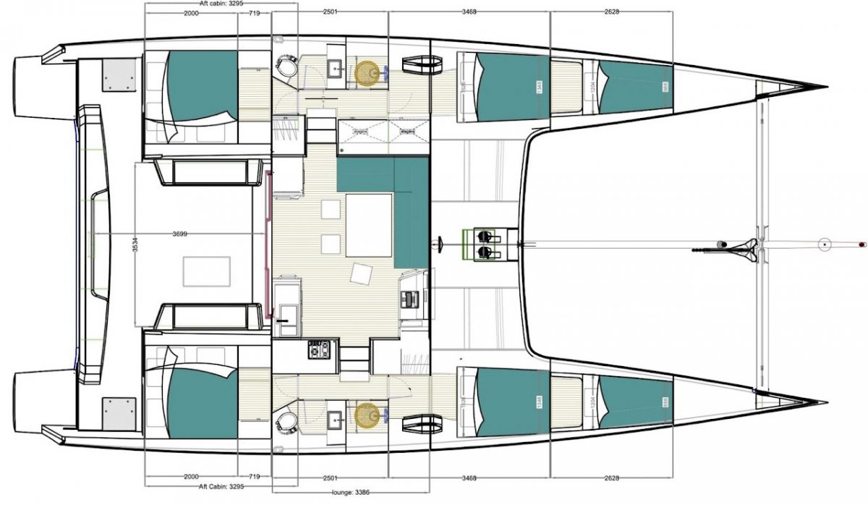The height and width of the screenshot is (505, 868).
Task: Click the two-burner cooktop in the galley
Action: (319, 350)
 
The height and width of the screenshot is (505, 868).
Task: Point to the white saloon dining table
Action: (369, 225)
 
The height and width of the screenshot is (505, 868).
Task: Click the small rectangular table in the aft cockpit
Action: (207, 270)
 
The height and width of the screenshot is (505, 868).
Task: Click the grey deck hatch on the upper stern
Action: (119, 73)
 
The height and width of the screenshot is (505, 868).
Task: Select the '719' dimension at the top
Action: (255, 13)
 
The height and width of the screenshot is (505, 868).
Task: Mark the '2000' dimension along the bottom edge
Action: (192, 478)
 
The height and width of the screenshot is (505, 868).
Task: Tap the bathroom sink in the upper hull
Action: (336, 69)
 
